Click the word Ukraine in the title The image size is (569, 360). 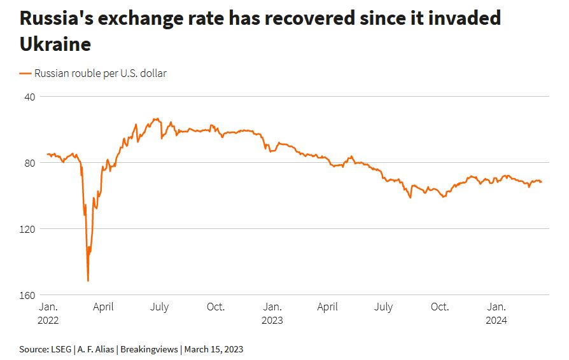tap(55, 45)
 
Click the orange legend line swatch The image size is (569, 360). tap(25, 74)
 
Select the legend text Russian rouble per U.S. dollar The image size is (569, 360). tap(101, 74)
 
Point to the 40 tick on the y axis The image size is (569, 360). tap(29, 97)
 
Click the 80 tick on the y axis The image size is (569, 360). tap(29, 163)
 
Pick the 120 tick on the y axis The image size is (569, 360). tap(27, 229)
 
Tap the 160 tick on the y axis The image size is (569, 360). tap(27, 295)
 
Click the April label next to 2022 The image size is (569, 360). tap(103, 307)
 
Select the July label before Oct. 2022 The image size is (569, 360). tap(159, 307)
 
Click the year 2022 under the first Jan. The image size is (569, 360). tap(48, 321)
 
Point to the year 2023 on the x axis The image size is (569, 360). tap(272, 321)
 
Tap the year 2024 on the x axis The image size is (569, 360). tap(496, 321)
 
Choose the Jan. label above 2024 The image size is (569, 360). tap(496, 307)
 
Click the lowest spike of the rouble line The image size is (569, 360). tap(88, 280)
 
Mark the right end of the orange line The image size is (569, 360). tap(542, 182)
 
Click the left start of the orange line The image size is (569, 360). tap(47, 155)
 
